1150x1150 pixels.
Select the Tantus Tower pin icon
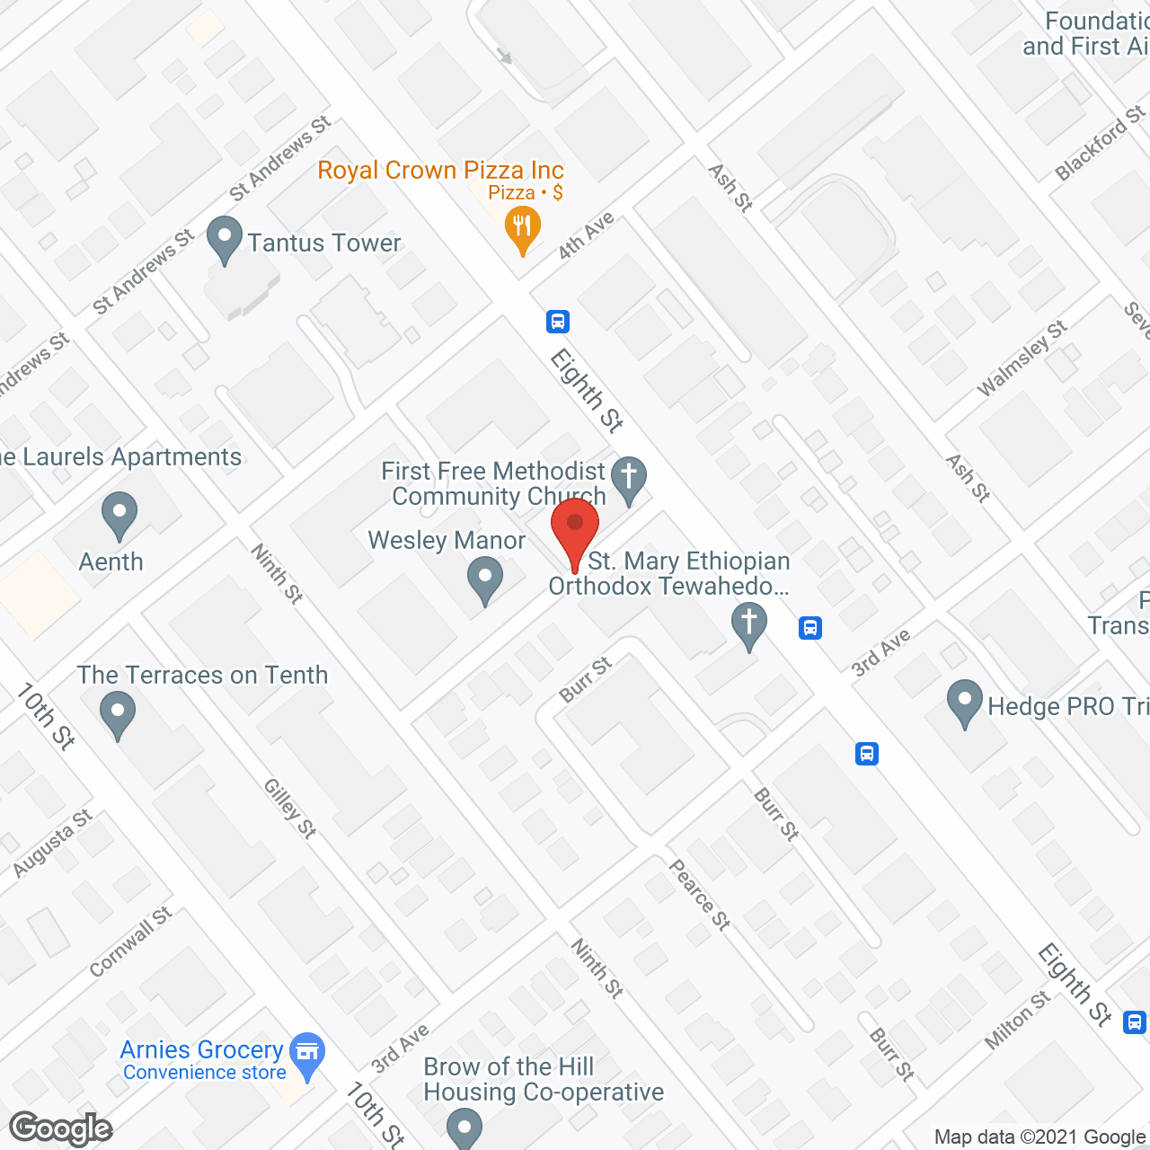pos(225,241)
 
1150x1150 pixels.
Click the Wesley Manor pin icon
pos(485,579)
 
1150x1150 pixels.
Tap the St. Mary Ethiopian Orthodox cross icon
pos(748,624)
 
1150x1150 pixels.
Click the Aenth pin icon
pos(119,516)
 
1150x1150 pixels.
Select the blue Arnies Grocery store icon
pos(308,1053)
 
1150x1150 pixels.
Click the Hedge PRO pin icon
pos(965,703)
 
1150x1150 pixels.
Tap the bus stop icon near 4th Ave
pos(558,321)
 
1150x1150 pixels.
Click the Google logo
pos(61,1128)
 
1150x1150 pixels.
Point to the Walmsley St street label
pos(1022,358)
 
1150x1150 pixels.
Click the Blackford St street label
pos(1101,143)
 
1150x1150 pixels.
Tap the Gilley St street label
pos(289,809)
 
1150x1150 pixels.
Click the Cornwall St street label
pos(130,942)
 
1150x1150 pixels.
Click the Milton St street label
pos(1017,1020)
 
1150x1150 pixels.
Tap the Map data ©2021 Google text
pos(1040,1137)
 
